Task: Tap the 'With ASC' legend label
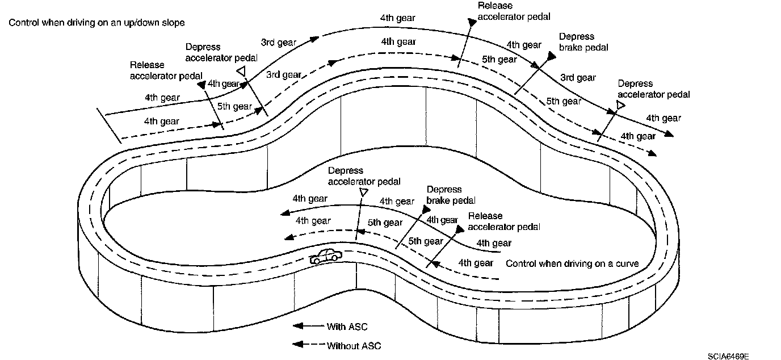[347, 326]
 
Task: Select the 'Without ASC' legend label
[354, 345]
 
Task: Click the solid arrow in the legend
[306, 326]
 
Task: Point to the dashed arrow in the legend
[306, 345]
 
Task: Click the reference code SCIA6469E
[728, 356]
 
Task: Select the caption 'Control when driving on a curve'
[572, 263]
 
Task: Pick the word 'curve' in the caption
[627, 263]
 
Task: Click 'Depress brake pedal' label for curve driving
[451, 195]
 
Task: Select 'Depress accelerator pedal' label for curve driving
[364, 176]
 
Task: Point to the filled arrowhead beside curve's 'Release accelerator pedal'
[459, 229]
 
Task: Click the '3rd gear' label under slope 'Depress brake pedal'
[578, 78]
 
